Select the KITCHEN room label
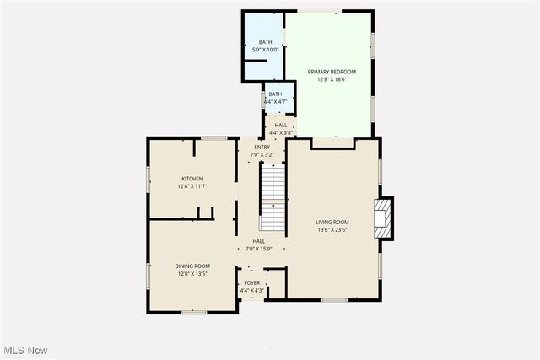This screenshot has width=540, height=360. coord(192,179)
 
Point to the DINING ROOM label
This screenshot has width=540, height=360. coord(192,266)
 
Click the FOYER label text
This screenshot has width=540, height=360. coord(252,283)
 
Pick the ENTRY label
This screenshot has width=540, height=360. coord(262,148)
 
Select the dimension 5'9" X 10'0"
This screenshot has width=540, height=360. coord(266,50)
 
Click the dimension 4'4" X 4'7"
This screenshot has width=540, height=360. coord(276,101)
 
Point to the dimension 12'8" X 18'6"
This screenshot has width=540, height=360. coord(332,80)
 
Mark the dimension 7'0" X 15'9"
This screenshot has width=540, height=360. coord(259,249)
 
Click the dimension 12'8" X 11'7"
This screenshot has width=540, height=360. coord(192,186)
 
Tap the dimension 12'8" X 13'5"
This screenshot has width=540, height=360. coord(192,274)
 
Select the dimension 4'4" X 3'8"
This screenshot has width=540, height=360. coord(280,132)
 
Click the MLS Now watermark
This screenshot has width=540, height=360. coord(24,350)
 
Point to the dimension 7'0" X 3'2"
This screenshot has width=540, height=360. coord(262,155)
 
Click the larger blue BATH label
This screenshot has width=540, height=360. coord(266,42)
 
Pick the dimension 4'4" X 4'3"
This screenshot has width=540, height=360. coord(252,291)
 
